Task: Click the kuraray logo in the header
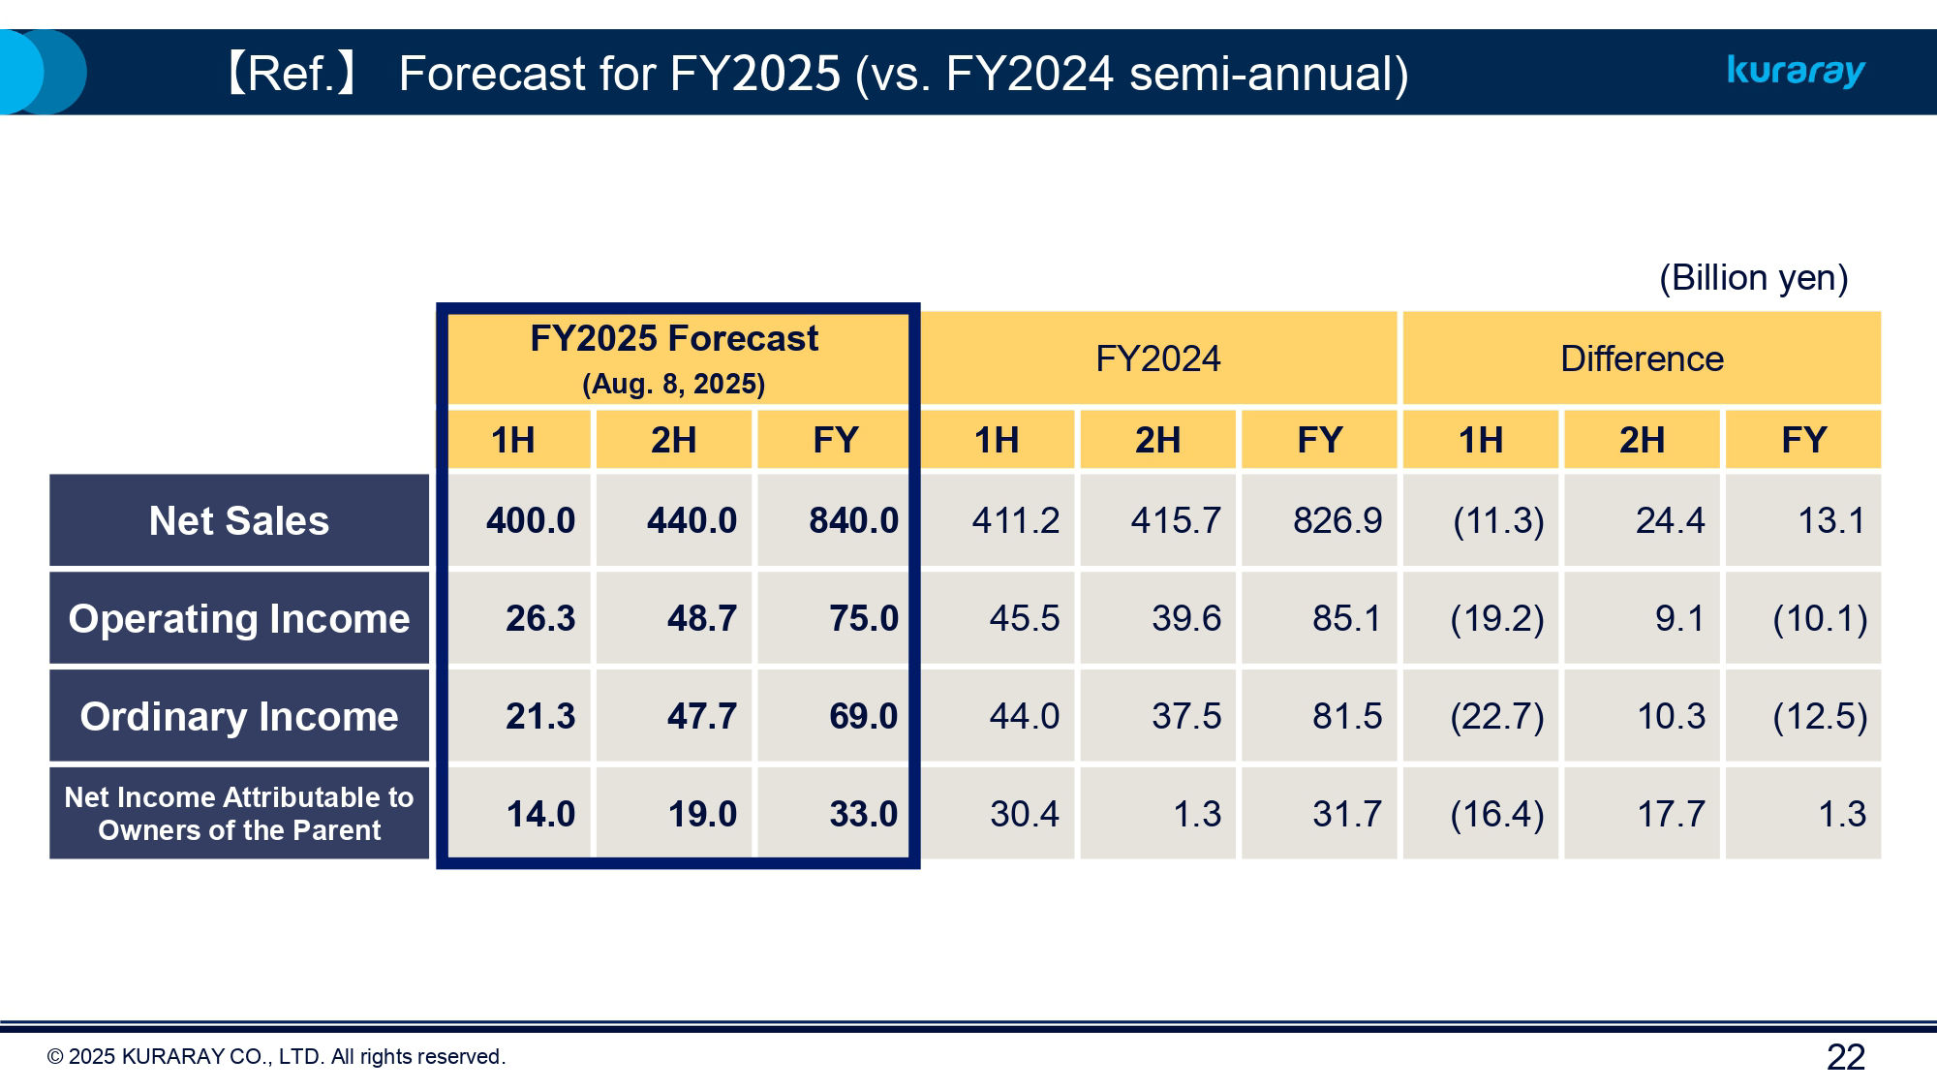(x=1796, y=72)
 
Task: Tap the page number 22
(x=1845, y=1057)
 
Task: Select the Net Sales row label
(x=239, y=520)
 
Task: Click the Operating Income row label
(x=239, y=618)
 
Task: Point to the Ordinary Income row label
(x=239, y=716)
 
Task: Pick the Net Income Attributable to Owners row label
(x=239, y=813)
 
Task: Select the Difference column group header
(x=1642, y=358)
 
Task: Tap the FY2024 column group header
(x=1157, y=358)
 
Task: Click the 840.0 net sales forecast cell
(x=853, y=520)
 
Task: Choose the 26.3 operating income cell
(x=539, y=618)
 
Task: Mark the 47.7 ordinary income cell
(x=701, y=716)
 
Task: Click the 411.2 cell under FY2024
(x=1015, y=520)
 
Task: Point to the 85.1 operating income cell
(x=1346, y=618)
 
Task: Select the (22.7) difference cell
(x=1496, y=716)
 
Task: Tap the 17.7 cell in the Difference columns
(x=1671, y=814)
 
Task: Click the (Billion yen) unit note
(x=1753, y=278)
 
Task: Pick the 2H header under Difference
(x=1642, y=440)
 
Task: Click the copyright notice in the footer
(x=276, y=1057)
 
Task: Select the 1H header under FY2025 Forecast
(x=512, y=440)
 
